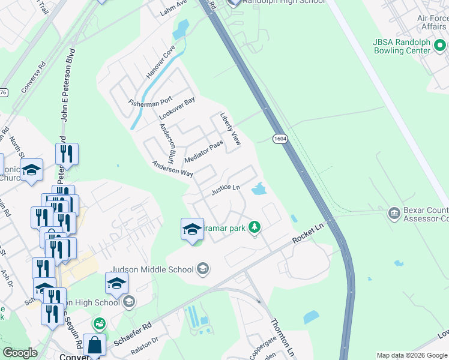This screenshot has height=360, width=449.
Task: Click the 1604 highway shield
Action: click(x=280, y=139)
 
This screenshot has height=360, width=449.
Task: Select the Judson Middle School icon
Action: click(x=203, y=268)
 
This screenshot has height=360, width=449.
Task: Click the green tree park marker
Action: click(x=256, y=227)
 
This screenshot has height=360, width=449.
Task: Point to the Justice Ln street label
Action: click(x=225, y=190)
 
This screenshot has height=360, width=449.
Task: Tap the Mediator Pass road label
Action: click(x=204, y=151)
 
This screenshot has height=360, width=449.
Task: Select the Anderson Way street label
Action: click(x=172, y=168)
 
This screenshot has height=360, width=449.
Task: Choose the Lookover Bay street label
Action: click(x=177, y=108)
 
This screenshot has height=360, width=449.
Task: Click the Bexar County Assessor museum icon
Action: click(x=394, y=213)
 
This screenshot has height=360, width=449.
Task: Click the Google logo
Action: click(x=20, y=353)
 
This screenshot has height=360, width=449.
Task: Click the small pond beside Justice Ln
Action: click(x=259, y=190)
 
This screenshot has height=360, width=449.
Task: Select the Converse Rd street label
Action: click(x=34, y=77)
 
